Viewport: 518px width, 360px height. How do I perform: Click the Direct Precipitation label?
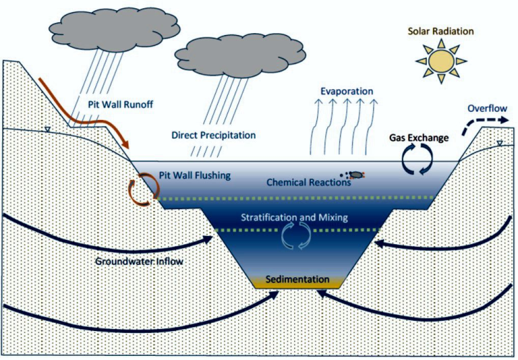(x=214, y=135)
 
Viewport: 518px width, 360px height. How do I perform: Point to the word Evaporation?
(x=347, y=92)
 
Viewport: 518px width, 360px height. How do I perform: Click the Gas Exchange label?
(x=419, y=138)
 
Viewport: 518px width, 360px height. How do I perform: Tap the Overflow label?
(x=487, y=109)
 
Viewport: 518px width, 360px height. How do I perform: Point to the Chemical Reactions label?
(x=308, y=182)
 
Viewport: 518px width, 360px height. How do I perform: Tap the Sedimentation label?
(x=297, y=279)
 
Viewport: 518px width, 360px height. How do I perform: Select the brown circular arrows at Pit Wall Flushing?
(x=142, y=189)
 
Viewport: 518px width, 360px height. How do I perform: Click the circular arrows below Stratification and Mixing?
(x=295, y=235)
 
